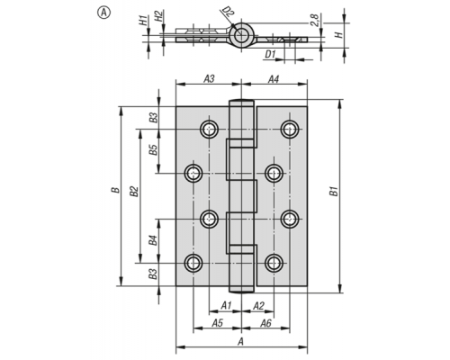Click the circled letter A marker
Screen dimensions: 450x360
(103, 13)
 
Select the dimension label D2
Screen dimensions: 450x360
(229, 13)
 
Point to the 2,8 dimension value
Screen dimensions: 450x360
(315, 20)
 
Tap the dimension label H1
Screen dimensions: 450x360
(144, 21)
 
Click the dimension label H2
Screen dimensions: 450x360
(158, 16)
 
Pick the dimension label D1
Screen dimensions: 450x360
(270, 54)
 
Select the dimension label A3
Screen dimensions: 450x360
(209, 79)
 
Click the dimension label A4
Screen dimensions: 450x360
(274, 79)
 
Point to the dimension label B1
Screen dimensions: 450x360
(334, 192)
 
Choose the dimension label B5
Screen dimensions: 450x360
(153, 149)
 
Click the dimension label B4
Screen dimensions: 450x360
(153, 240)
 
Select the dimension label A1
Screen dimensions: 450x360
(226, 306)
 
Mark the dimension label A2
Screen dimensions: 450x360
(258, 306)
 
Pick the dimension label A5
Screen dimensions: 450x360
(218, 323)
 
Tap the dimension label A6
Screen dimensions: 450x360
(265, 323)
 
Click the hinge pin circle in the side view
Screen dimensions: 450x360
(240, 35)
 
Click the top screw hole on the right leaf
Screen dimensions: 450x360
(290, 130)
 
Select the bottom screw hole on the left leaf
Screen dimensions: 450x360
(193, 263)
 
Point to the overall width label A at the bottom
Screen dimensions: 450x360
(240, 341)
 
